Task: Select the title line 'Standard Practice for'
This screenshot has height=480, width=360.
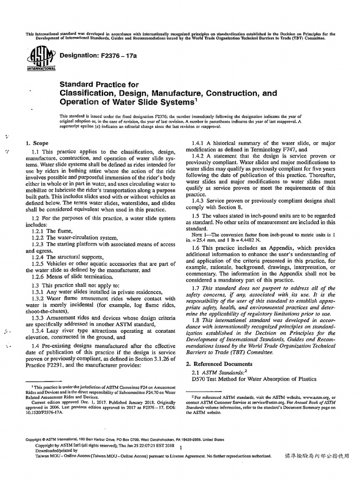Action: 99,84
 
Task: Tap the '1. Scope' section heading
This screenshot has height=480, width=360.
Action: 37,142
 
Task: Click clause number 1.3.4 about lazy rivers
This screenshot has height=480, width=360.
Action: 40,330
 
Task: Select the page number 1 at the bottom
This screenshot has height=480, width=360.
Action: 180,448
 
